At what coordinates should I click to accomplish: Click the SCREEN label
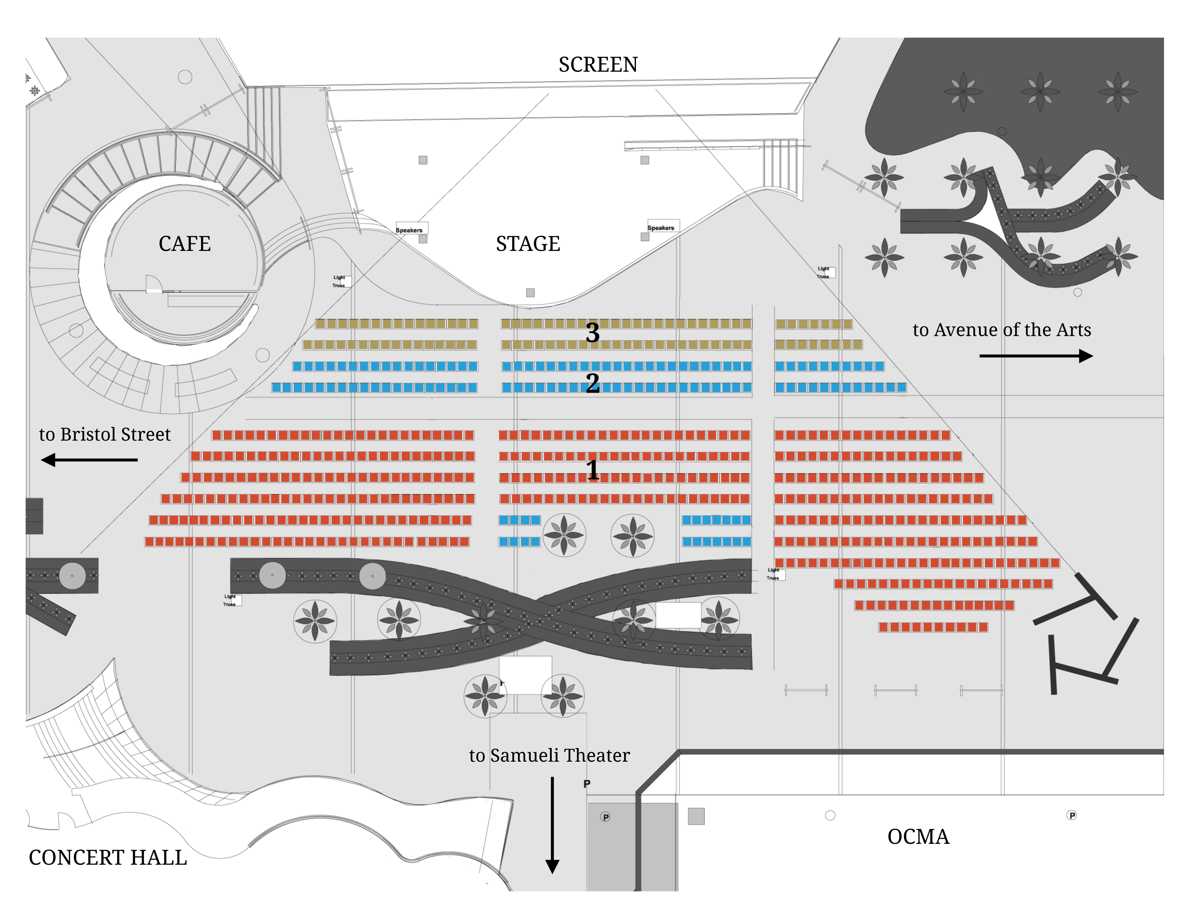point(598,65)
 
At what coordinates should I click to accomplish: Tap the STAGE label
point(528,244)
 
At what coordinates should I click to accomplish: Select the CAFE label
point(184,244)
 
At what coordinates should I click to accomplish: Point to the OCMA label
point(918,837)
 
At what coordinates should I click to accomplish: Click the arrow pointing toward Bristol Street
point(89,460)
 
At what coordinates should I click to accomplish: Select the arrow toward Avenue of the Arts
point(1036,356)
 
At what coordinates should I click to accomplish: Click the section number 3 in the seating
point(593,333)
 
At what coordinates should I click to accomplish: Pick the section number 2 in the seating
point(593,384)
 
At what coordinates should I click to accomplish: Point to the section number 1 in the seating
point(593,470)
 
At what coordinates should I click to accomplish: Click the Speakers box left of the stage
point(411,229)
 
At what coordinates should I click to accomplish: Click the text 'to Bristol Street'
point(105,435)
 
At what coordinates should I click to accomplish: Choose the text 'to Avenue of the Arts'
point(1002,330)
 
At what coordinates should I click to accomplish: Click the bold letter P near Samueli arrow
point(586,784)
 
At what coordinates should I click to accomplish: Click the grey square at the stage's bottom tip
point(530,293)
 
